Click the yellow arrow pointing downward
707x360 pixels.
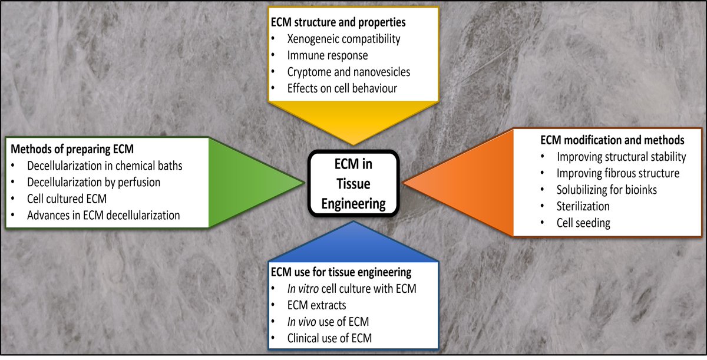[353, 121]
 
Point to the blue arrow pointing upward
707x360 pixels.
[353, 242]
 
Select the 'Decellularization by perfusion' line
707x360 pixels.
[94, 183]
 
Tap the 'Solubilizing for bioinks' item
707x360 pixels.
[607, 190]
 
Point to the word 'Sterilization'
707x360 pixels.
[583, 207]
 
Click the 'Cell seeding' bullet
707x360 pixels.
[583, 223]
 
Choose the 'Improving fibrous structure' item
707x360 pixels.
[617, 174]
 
